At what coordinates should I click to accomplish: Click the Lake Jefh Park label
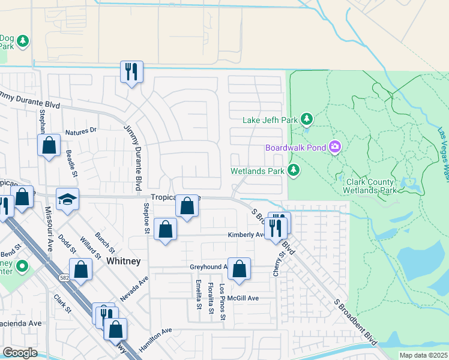pyautogui.click(x=270, y=120)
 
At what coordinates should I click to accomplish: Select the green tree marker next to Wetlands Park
pyautogui.click(x=294, y=171)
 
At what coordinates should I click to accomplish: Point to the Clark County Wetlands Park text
pyautogui.click(x=369, y=186)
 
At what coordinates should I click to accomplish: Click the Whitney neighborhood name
pyautogui.click(x=123, y=261)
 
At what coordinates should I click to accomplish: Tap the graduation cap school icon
pyautogui.click(x=68, y=199)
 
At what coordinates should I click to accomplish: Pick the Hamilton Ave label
pyautogui.click(x=155, y=340)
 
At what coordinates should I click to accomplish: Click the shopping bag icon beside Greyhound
pyautogui.click(x=239, y=269)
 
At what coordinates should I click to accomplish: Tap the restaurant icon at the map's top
pyautogui.click(x=130, y=72)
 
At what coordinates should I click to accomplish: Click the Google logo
pyautogui.click(x=20, y=352)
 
